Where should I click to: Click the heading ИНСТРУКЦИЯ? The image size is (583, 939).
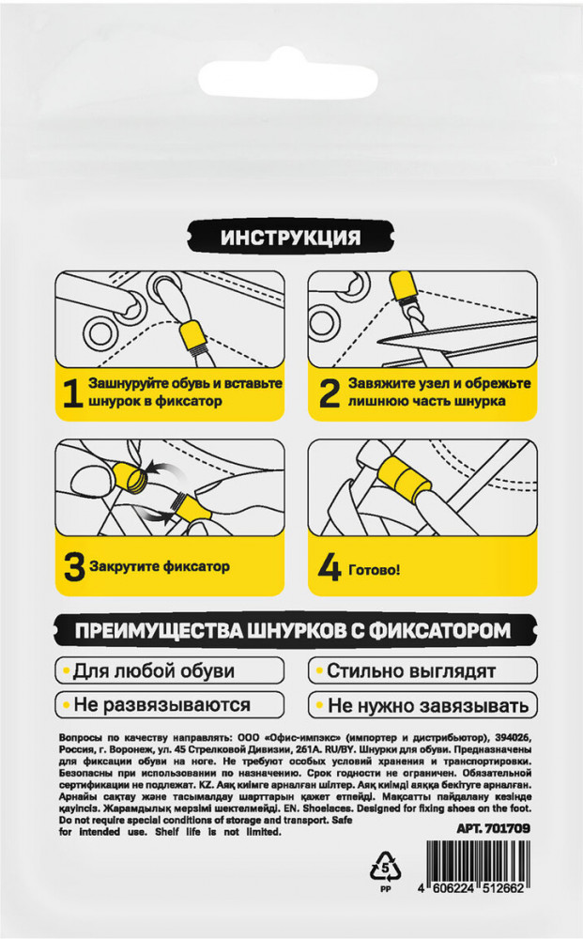[x=290, y=238]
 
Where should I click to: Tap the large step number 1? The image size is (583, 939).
[x=72, y=393]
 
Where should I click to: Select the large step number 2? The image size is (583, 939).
[x=330, y=393]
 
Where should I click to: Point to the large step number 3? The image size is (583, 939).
[x=74, y=566]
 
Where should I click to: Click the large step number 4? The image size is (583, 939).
[x=330, y=570]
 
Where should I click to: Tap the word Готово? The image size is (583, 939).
[x=374, y=570]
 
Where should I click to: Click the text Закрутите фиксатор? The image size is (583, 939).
[x=160, y=566]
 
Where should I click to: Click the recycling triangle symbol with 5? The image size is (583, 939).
[x=386, y=866]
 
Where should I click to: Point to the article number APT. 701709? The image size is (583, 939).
[x=493, y=829]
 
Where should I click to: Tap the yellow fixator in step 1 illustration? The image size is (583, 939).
[x=193, y=335]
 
